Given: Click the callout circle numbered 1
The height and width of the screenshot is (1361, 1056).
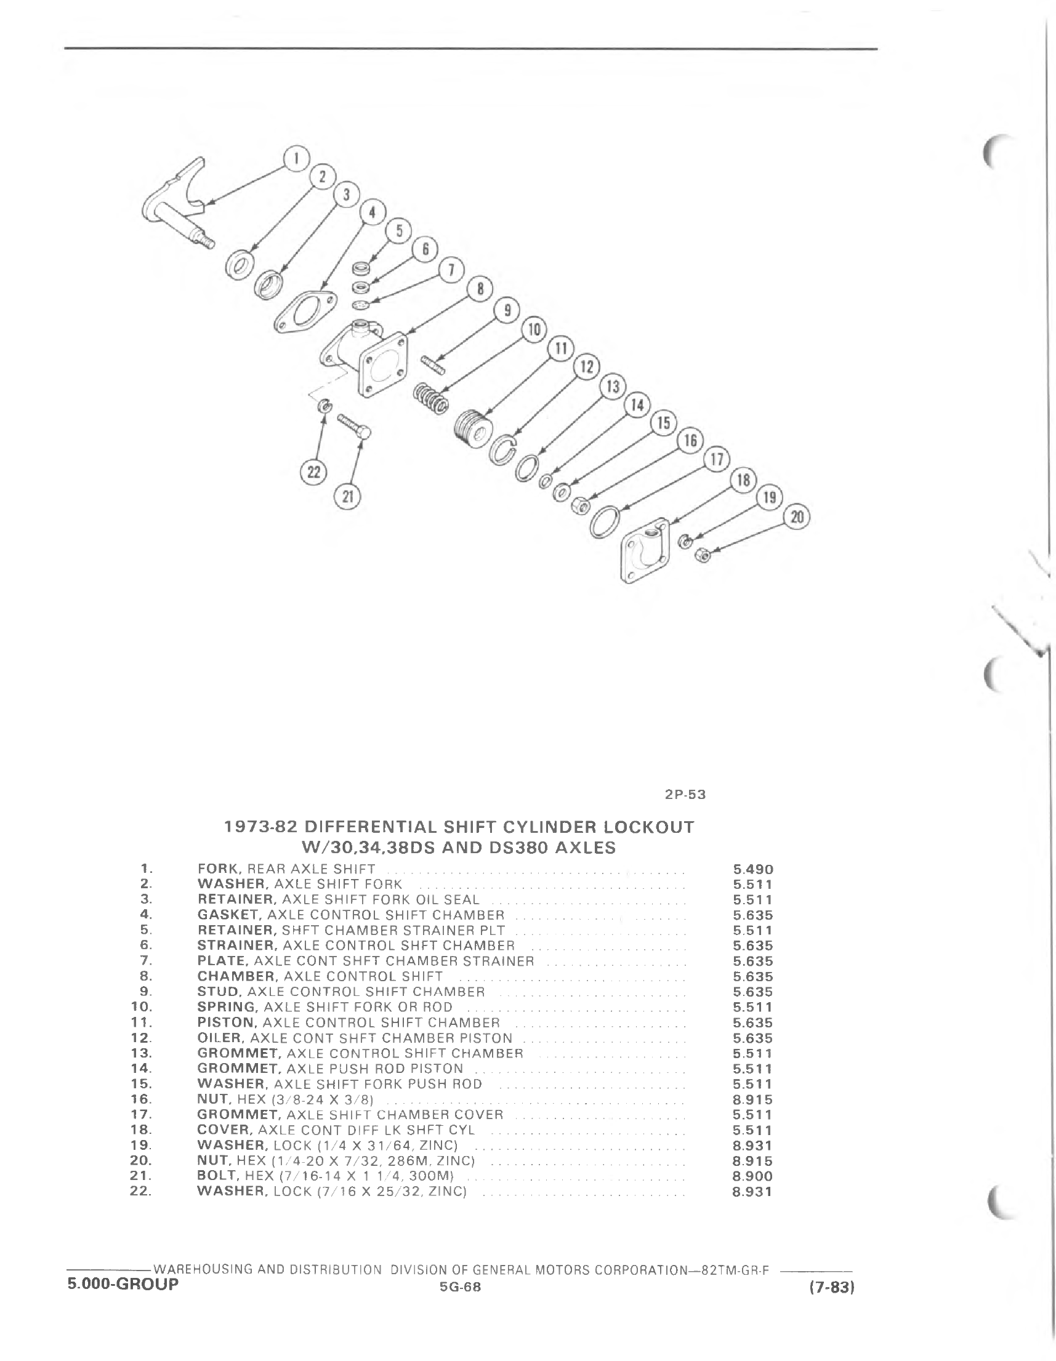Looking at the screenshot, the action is point(297,159).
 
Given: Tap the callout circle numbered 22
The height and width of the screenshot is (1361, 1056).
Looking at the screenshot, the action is point(313,472).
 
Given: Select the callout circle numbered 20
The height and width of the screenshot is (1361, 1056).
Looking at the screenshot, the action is point(797,517).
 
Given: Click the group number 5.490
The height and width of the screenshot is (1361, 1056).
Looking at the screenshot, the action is point(753,869).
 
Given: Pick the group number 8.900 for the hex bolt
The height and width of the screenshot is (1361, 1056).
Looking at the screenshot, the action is point(753,1176).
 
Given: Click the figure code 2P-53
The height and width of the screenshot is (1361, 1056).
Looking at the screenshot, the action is point(685,795).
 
